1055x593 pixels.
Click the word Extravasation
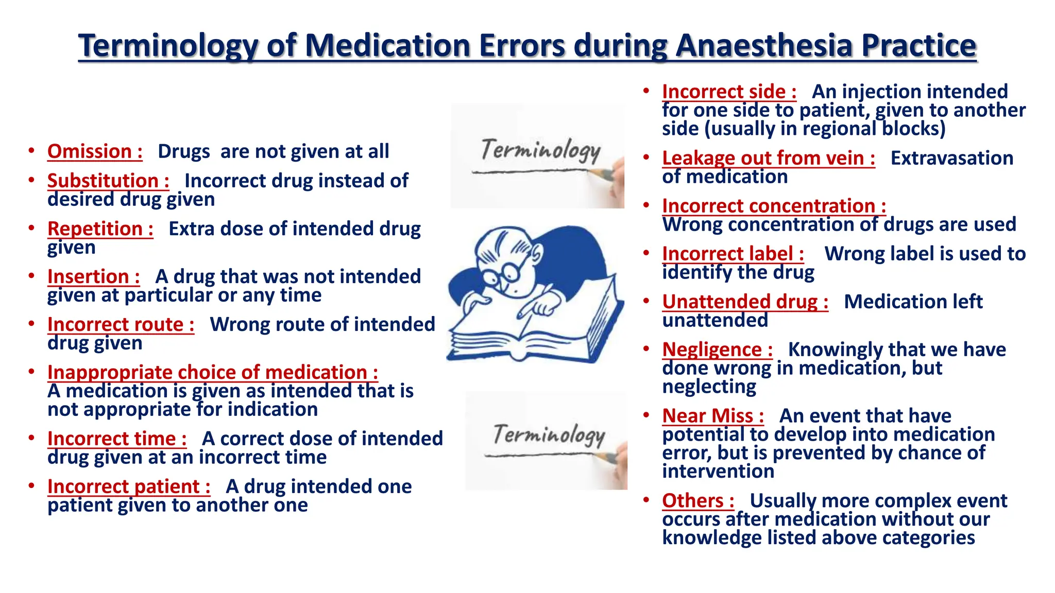[951, 158]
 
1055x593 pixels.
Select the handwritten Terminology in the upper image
[540, 150]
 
